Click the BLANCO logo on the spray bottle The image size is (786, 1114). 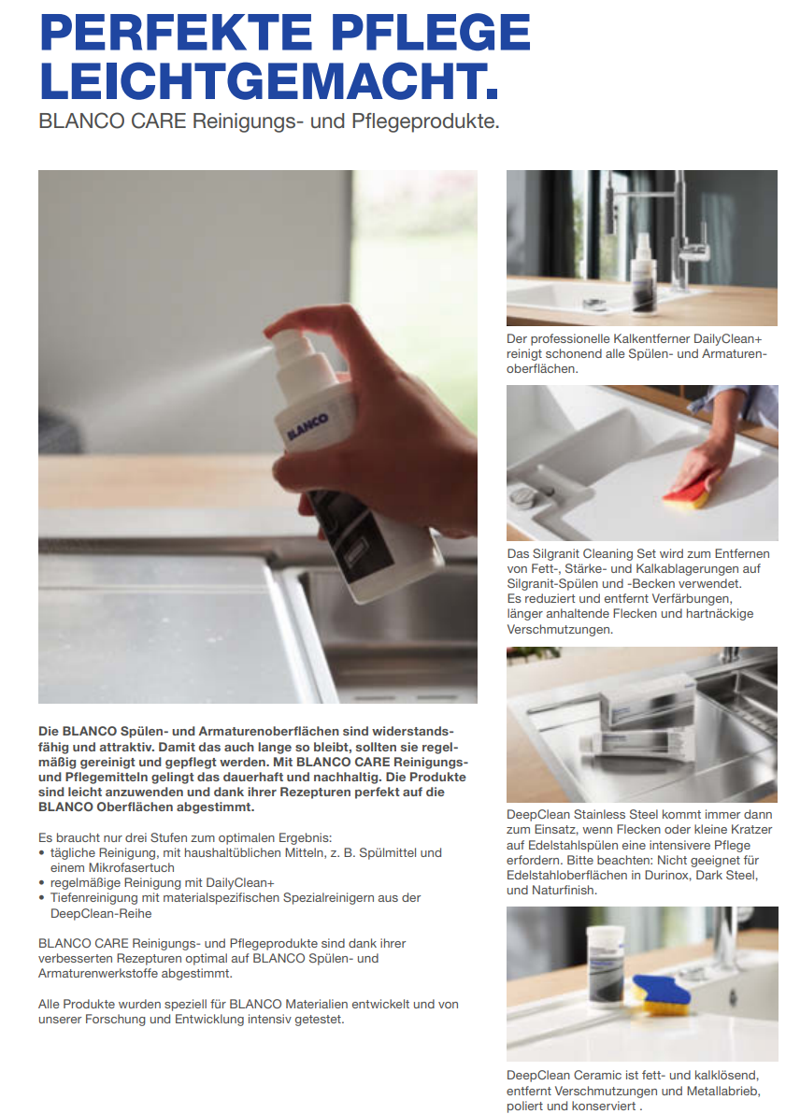point(307,426)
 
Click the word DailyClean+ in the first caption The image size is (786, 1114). point(728,339)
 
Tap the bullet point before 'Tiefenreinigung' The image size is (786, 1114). point(43,899)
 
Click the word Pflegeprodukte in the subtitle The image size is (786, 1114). point(425,121)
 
